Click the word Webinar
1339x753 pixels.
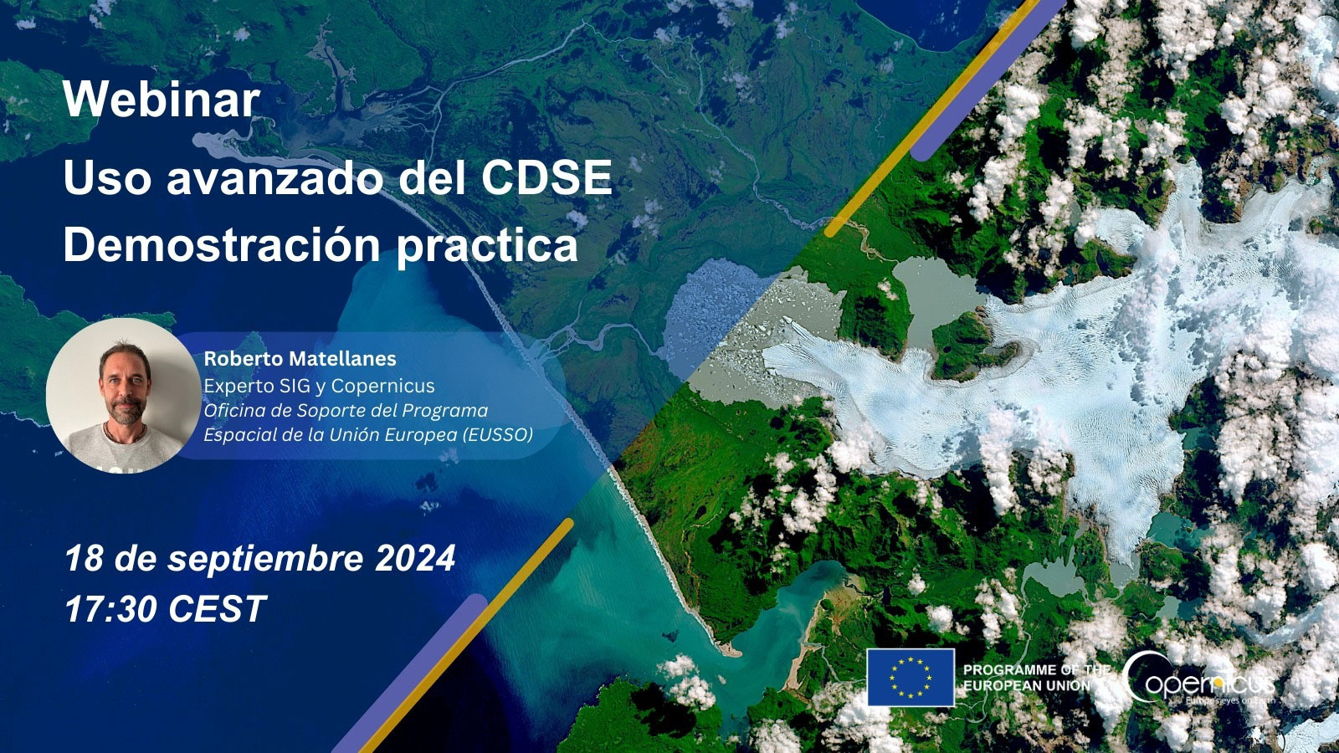(161, 100)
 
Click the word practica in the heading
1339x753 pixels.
(487, 246)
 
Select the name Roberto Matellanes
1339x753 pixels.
(300, 359)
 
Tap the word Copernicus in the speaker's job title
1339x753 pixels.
(382, 386)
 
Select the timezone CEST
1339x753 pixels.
(217, 609)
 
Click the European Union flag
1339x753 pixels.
(910, 677)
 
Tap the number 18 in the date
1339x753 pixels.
(84, 559)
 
